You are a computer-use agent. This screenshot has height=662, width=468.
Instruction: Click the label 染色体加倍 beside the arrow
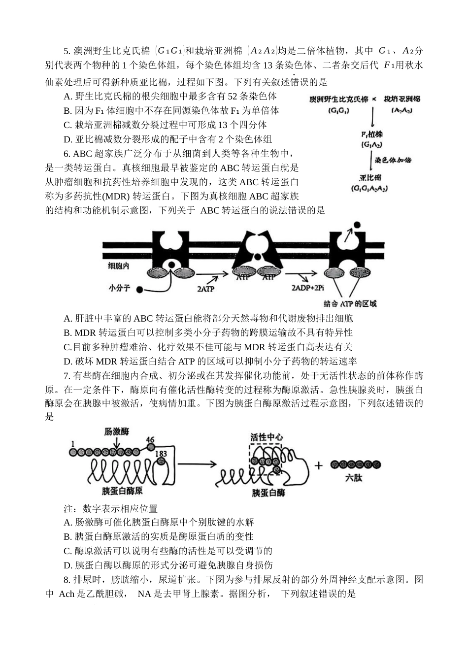393,160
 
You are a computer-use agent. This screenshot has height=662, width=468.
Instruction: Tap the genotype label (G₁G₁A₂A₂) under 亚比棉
368,189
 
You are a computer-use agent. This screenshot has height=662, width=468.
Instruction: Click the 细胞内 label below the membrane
118,266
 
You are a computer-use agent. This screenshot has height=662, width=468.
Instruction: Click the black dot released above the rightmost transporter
356,226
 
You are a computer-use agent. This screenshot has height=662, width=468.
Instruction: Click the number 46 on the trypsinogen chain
150,440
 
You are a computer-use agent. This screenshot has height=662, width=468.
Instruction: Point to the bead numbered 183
161,460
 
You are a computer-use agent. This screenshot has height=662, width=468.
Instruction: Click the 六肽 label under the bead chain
354,477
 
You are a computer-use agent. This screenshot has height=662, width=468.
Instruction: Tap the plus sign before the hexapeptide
319,465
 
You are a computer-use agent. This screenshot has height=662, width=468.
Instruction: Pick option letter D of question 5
67,139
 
